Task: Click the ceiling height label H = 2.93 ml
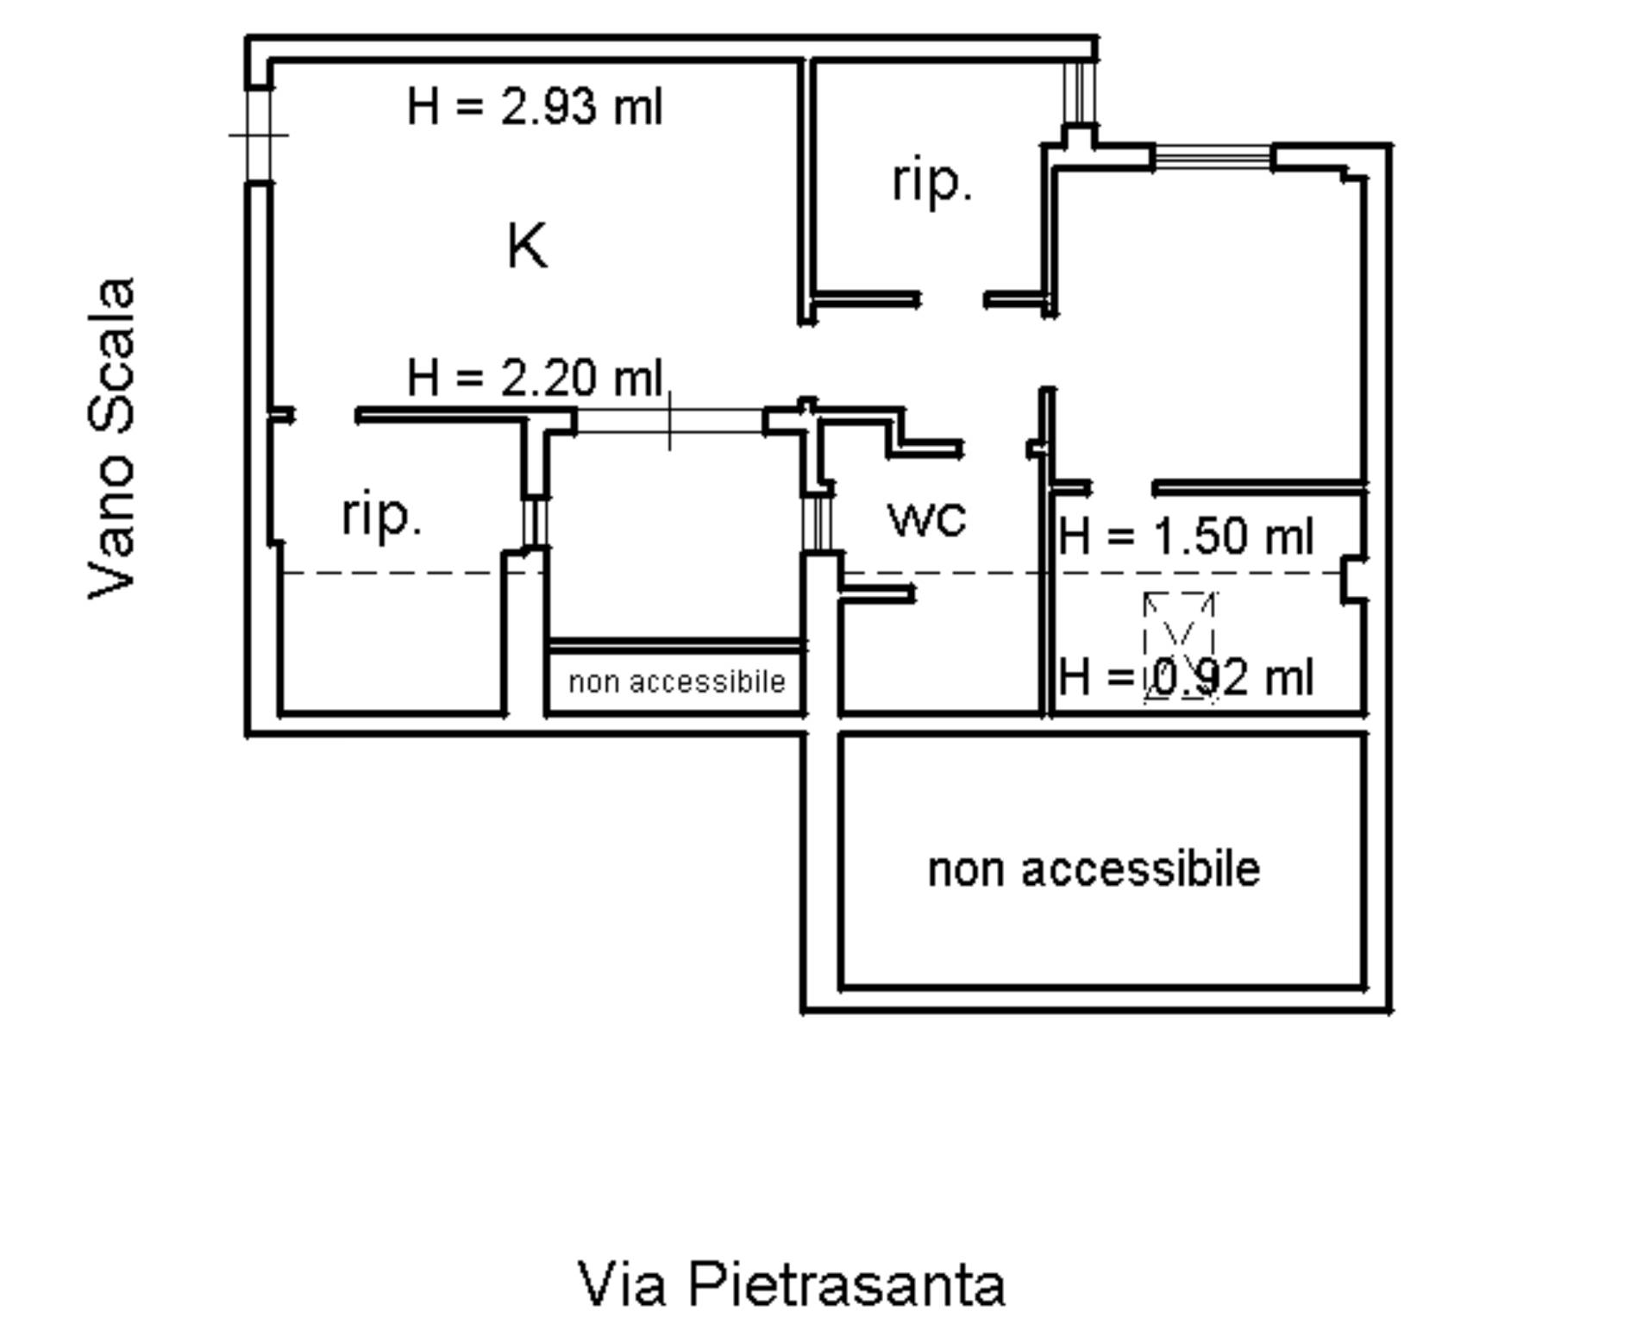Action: [x=535, y=108]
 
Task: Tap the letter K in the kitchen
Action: [x=526, y=246]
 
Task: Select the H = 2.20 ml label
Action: [x=535, y=378]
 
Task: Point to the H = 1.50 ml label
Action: [x=1186, y=537]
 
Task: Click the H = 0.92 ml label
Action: [x=1186, y=677]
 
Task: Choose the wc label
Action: [x=927, y=518]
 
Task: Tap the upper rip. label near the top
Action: [x=931, y=181]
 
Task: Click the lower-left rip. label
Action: [x=382, y=516]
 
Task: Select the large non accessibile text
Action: [x=1094, y=869]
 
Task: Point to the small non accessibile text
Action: [x=677, y=682]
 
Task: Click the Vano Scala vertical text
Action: [x=112, y=438]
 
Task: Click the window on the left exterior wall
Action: [x=259, y=135]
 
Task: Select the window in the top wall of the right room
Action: [x=1213, y=157]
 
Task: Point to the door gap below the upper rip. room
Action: [x=952, y=300]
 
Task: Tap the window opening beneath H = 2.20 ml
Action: [x=669, y=421]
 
